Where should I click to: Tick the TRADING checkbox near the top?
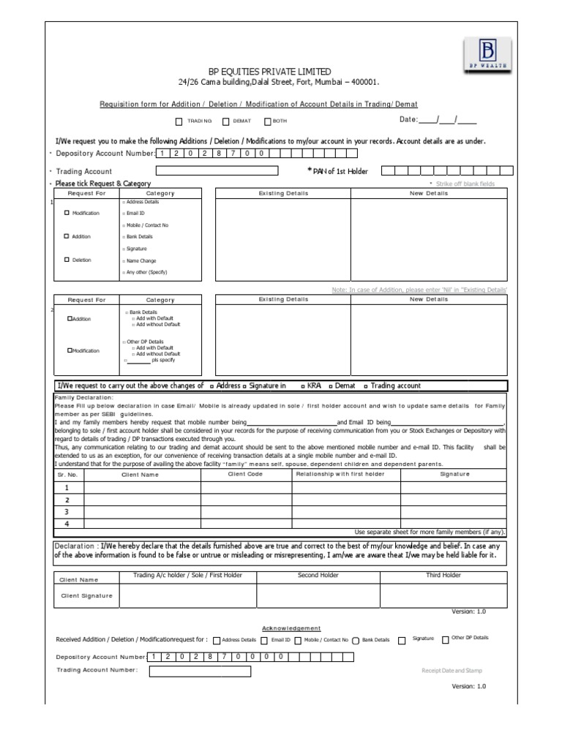tap(179, 121)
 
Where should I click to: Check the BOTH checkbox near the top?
tap(268, 121)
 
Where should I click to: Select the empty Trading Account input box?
tap(217, 171)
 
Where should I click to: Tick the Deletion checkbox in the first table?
tap(67, 260)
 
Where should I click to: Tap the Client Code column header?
tap(245, 474)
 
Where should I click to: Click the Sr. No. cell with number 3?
tap(67, 512)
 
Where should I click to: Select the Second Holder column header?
tap(318, 576)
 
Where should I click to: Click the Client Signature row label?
tap(86, 595)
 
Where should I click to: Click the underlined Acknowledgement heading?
tap(291, 628)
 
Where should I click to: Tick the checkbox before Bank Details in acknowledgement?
tap(356, 640)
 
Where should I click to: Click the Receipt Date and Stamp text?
tap(452, 670)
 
